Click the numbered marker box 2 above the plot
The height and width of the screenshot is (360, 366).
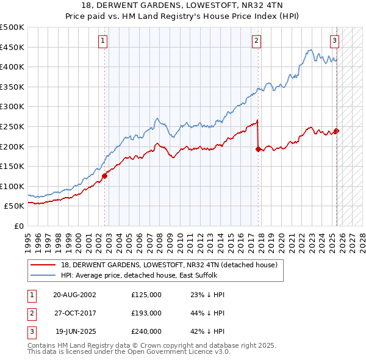point(256,41)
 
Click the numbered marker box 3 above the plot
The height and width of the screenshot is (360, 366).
point(335,41)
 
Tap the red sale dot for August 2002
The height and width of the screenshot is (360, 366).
point(105,176)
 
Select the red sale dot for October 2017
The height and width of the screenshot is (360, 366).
point(258,148)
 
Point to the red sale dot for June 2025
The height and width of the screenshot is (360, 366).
point(336,130)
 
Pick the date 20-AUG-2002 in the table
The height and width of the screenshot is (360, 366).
point(74,294)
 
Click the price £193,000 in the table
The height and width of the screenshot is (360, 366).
point(146,312)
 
